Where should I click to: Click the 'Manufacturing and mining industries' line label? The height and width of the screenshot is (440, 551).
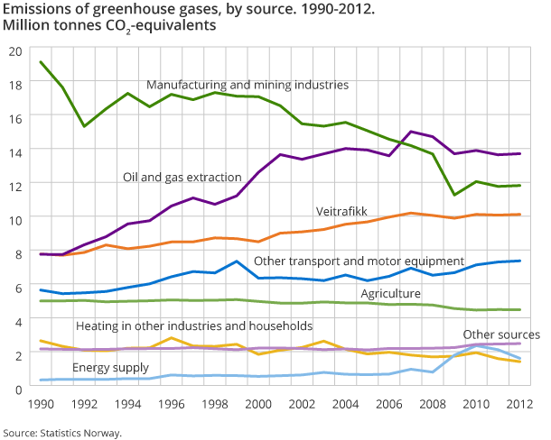(247, 85)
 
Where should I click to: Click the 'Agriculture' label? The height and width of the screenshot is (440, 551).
(390, 294)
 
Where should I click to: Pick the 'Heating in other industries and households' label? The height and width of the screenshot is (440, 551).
(194, 325)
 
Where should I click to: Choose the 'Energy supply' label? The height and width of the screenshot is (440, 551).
(111, 368)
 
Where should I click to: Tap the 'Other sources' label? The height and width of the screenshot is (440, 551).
(500, 335)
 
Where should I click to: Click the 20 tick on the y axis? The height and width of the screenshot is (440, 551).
(14, 50)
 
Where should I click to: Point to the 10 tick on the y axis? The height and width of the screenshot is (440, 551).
(14, 218)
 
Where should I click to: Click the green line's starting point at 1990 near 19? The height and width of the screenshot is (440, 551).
(42, 62)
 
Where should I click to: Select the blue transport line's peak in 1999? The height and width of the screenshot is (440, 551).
(237, 261)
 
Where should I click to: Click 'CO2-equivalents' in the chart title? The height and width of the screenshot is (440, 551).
(158, 26)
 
